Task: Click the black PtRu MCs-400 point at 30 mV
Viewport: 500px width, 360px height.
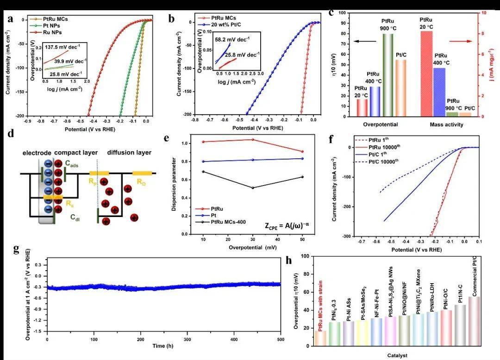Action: pos(252,188)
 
